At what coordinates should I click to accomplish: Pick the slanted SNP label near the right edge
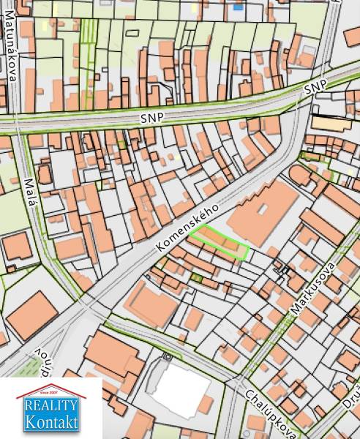[315, 88]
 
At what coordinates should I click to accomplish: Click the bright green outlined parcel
[220, 243]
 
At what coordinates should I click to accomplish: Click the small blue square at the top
[239, 7]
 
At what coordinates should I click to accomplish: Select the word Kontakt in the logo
[50, 421]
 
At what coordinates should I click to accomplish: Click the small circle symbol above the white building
[168, 357]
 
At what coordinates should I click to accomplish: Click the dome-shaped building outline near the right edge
[299, 174]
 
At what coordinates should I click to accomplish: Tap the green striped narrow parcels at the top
[89, 33]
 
